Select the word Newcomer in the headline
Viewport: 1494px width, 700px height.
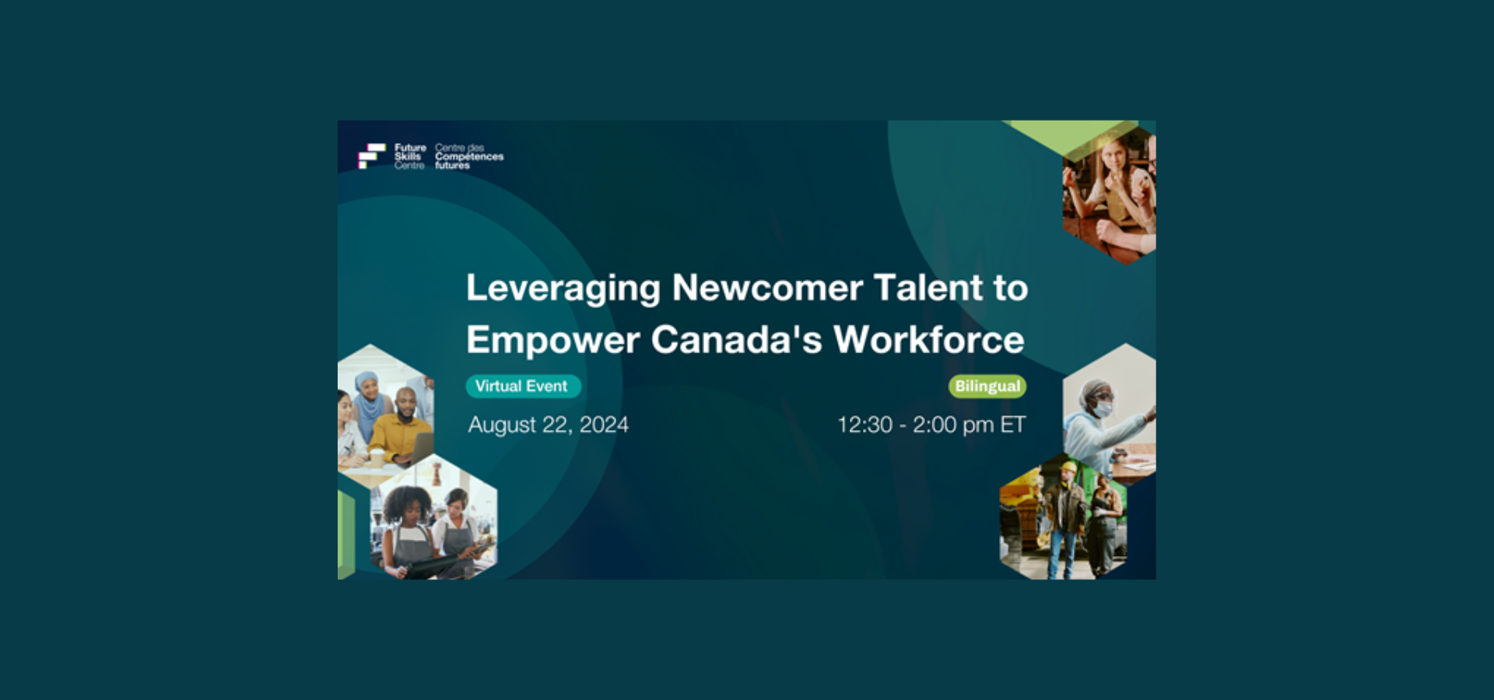(767, 288)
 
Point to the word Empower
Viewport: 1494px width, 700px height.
(553, 341)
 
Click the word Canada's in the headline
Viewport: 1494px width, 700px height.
(736, 339)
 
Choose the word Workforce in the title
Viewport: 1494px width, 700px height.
(929, 339)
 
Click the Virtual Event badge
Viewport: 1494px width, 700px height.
(523, 386)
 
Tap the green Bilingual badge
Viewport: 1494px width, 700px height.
(987, 386)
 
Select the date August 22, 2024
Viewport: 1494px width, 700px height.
(549, 425)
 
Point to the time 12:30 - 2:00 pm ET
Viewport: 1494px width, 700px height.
(931, 425)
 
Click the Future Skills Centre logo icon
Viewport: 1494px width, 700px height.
(371, 156)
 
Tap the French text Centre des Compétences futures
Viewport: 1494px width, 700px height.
(469, 156)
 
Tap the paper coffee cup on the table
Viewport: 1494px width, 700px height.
(377, 457)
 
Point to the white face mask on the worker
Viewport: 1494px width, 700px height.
(1103, 408)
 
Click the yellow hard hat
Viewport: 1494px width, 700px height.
(1068, 467)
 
